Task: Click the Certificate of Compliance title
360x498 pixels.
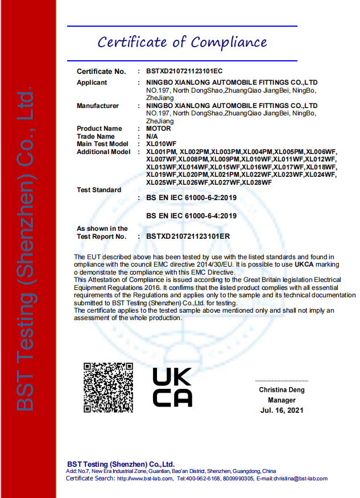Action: coord(182,43)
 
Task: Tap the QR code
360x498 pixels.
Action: coord(108,387)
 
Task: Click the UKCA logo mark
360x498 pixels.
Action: coord(172,387)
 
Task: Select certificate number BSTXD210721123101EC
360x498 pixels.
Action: coord(184,72)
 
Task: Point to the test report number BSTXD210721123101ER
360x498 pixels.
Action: coord(184,236)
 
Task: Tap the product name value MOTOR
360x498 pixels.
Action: coord(159,128)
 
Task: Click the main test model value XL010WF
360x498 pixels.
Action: coord(162,144)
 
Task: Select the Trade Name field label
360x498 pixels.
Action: coord(96,136)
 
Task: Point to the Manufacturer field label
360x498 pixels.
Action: coord(98,106)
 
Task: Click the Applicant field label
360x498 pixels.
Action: coord(92,83)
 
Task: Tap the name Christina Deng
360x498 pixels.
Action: coord(282,390)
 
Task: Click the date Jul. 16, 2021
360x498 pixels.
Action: coord(282,410)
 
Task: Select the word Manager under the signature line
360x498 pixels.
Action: coord(282,400)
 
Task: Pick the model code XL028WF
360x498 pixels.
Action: coord(256,182)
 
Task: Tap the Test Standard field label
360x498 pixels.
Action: coord(99,190)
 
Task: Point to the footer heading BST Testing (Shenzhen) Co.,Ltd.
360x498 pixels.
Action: coord(121,464)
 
